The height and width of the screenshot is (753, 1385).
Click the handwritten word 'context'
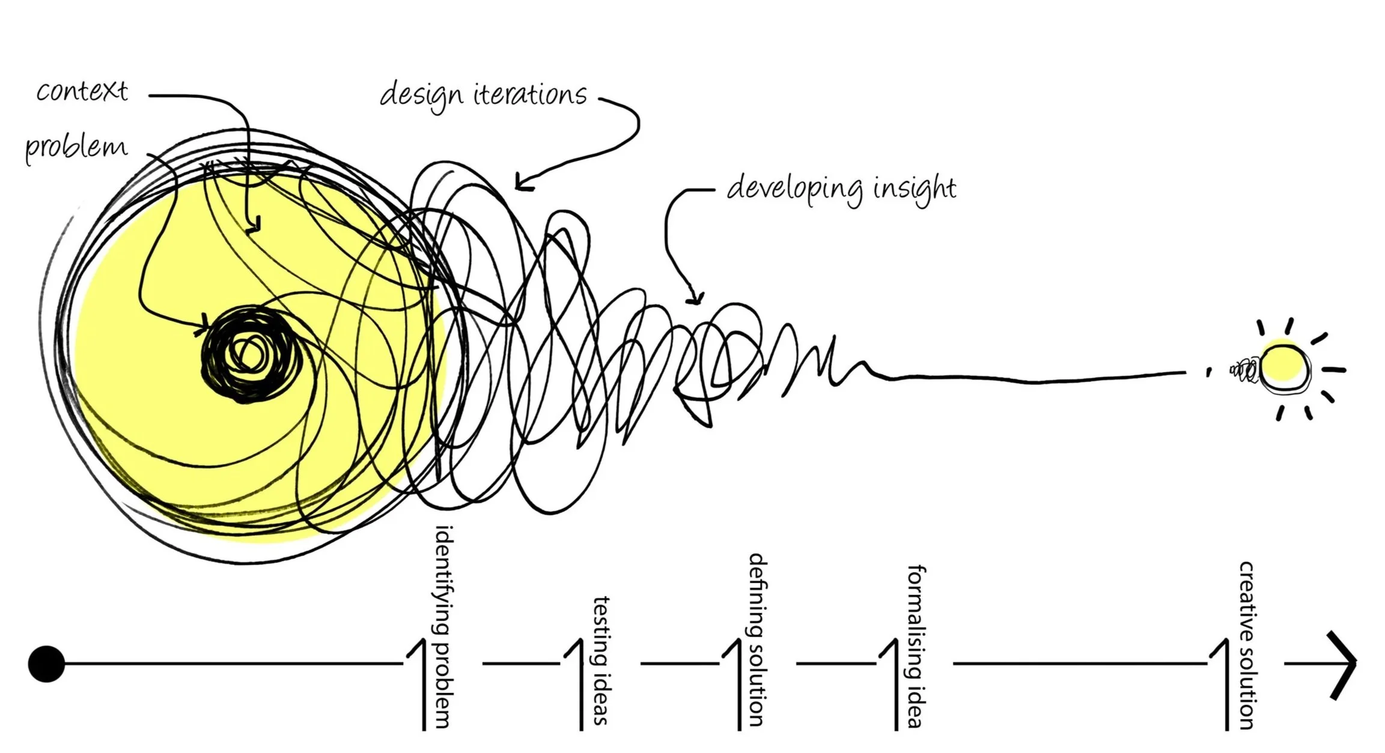82,91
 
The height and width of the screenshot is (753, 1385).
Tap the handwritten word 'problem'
76,147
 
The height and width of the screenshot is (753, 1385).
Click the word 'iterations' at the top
530,95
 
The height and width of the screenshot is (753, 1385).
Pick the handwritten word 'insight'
914,189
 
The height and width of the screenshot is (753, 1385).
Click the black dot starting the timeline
46,664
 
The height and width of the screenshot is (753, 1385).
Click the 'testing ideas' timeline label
601,661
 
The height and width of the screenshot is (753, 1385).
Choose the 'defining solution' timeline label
757,640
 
